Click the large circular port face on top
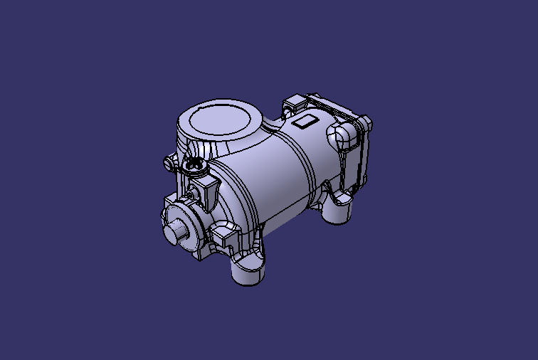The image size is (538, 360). click(x=221, y=118)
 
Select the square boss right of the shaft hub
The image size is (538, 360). click(x=226, y=235)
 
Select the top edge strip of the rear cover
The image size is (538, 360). click(x=334, y=104)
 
